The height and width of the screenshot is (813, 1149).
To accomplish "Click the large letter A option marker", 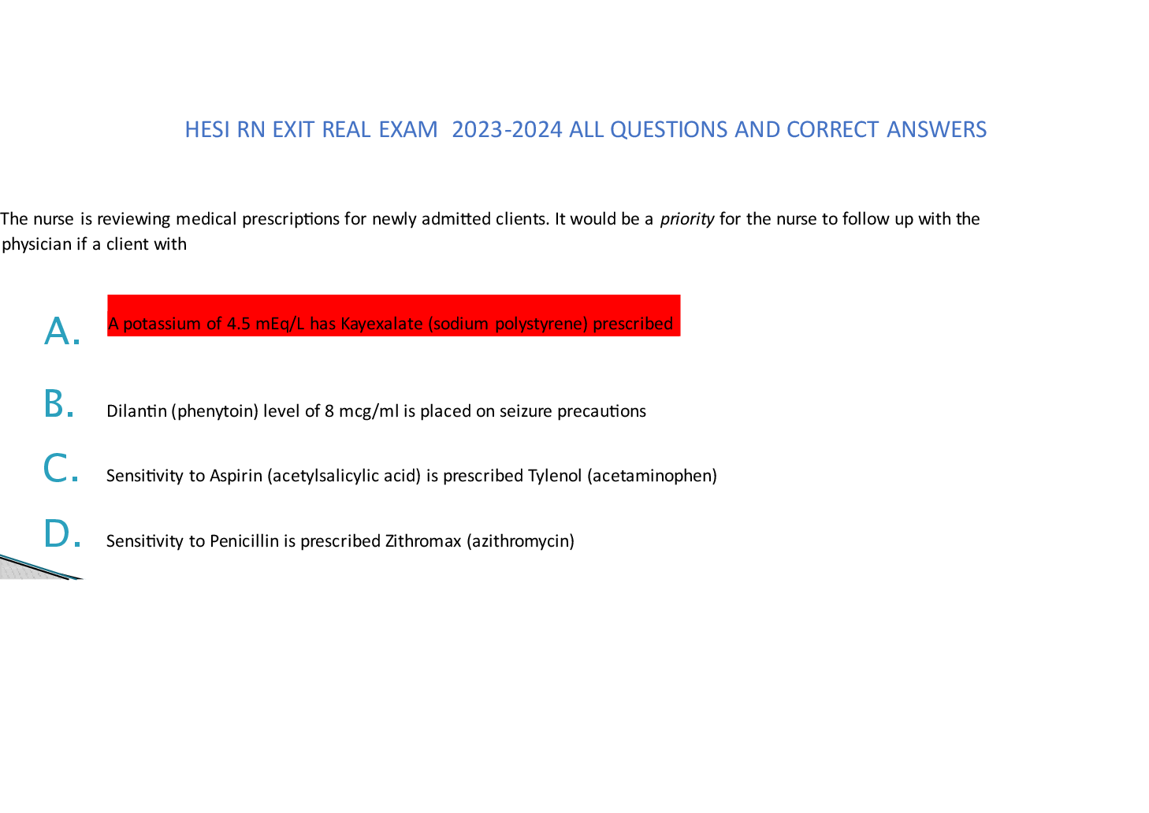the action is point(62,331).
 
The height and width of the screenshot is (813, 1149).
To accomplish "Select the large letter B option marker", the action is point(58,403).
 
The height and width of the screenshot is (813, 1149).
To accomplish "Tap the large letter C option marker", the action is point(61,468).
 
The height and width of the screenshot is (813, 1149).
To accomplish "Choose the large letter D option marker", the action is point(62,533).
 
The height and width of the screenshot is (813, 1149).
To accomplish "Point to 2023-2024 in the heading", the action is point(507,130).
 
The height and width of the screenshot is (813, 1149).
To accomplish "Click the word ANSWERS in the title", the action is point(936,130).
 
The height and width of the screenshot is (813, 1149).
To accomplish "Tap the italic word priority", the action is point(687,219).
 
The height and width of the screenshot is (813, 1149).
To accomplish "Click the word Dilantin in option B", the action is point(136,411).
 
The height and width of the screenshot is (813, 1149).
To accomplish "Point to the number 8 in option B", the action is point(329,411).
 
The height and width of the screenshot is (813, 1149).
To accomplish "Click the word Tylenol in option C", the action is point(555,476).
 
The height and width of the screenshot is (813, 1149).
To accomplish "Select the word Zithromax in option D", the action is point(422,540).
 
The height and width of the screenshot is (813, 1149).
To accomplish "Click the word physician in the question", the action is point(36,244).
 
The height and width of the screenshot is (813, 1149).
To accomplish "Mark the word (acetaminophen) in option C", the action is point(652,476).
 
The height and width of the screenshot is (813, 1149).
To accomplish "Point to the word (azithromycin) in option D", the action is point(520,541).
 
